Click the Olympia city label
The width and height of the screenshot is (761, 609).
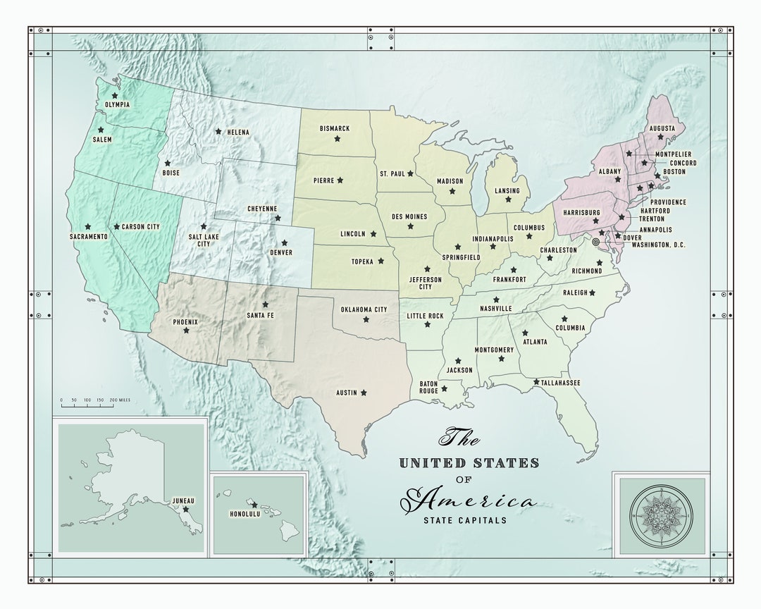point(117,105)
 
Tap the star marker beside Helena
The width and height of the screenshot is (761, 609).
point(218,131)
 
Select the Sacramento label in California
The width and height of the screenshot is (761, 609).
point(88,237)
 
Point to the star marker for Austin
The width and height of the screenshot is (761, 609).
point(364,393)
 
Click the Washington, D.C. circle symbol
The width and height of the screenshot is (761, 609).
point(596,242)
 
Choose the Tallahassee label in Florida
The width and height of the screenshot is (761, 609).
point(561,383)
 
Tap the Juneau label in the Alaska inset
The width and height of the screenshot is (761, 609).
point(183,500)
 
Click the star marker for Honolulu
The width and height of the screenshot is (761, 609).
point(255,505)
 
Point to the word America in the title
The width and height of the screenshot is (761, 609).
point(475,501)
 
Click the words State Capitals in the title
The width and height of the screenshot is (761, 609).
point(464,521)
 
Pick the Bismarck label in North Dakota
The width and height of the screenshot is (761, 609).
point(335,128)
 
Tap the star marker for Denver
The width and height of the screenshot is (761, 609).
point(285,243)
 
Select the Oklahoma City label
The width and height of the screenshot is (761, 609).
point(364,309)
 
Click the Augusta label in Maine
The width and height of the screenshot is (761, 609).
point(662,128)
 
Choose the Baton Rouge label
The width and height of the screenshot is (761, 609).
point(429,387)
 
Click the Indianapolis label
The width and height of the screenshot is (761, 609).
point(493,239)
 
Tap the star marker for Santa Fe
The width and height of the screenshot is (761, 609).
point(266,304)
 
